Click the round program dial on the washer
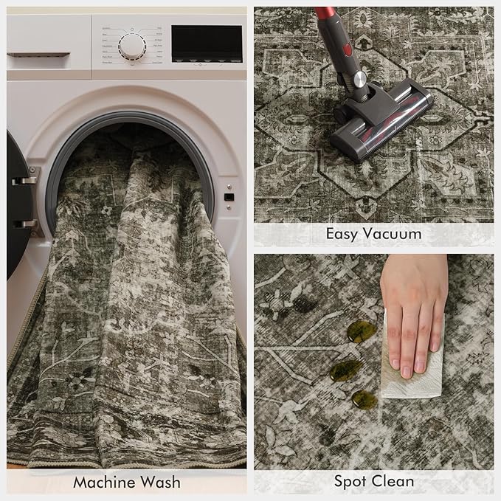click(133, 46)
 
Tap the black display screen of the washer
click(207, 43)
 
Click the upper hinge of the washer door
click(24, 180)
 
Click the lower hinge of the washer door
click(24, 223)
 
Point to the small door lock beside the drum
click(229, 197)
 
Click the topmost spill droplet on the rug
click(361, 332)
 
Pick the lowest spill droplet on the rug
click(364, 399)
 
